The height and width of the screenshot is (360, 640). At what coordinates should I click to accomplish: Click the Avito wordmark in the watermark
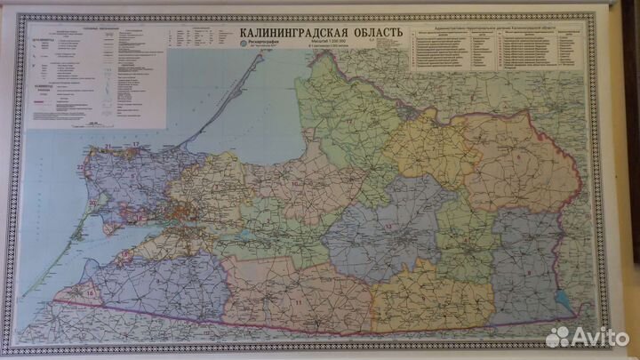pyautogui.click(x=600, y=336)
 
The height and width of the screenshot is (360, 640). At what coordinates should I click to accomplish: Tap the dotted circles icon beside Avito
pyautogui.click(x=557, y=336)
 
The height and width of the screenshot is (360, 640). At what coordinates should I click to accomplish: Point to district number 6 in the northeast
pyautogui.click(x=516, y=156)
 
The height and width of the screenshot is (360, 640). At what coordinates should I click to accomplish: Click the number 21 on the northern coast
pyautogui.click(x=108, y=146)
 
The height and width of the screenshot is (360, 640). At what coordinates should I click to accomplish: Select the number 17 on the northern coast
pyautogui.click(x=136, y=143)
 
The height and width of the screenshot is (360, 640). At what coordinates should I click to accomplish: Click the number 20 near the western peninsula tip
pyautogui.click(x=92, y=203)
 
